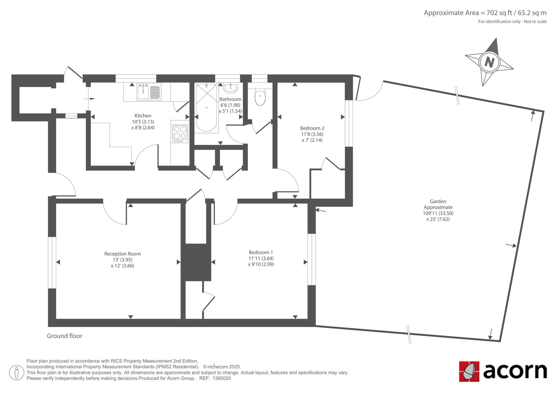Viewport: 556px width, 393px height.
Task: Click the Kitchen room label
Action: click(143, 116)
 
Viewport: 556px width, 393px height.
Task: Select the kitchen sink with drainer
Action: click(148, 92)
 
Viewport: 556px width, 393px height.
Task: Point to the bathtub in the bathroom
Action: click(206, 107)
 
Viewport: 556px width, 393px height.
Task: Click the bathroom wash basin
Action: click(231, 87)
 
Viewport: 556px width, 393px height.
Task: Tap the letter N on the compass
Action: click(489, 62)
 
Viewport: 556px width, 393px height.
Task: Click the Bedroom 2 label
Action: click(312, 128)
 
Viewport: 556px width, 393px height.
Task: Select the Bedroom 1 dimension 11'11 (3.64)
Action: click(261, 259)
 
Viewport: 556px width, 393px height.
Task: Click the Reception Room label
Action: click(122, 254)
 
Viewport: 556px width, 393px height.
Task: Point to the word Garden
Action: click(438, 201)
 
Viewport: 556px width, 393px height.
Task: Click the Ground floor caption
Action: click(65, 336)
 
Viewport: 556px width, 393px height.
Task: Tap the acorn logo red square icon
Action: click(469, 371)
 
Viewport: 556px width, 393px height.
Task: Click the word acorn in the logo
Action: click(515, 371)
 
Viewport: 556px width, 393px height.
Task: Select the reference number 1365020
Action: click(222, 378)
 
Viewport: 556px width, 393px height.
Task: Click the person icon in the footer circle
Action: click(17, 372)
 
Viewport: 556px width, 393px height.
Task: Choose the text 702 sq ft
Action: click(495, 13)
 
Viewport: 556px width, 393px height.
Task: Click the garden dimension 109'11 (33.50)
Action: click(438, 213)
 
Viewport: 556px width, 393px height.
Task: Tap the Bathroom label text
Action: click(230, 99)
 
